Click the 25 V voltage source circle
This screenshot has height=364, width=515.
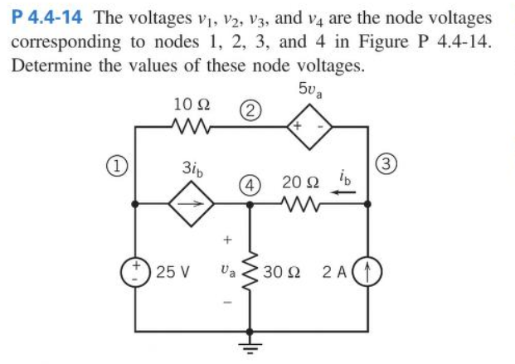[136, 271]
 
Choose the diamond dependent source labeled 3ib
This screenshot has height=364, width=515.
[192, 201]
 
